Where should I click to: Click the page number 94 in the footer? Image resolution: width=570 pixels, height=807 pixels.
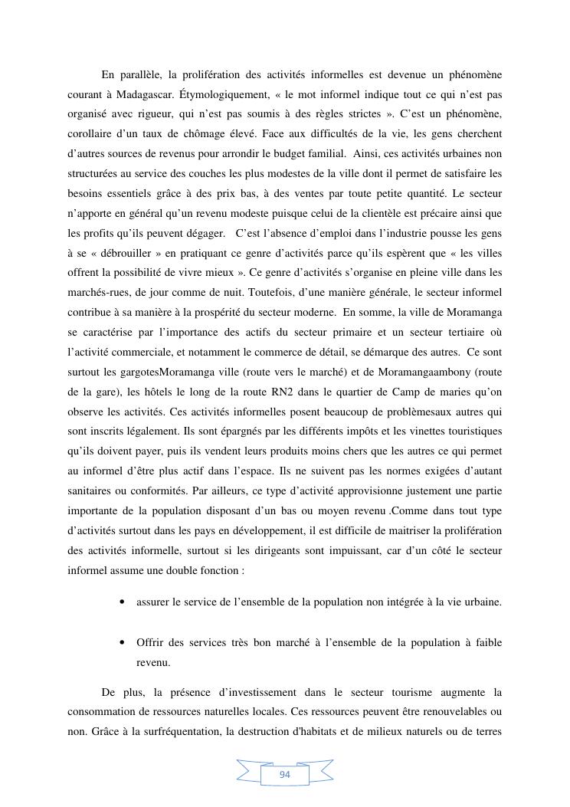point(285,775)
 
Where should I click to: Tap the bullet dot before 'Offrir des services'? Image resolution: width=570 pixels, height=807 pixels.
point(123,642)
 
